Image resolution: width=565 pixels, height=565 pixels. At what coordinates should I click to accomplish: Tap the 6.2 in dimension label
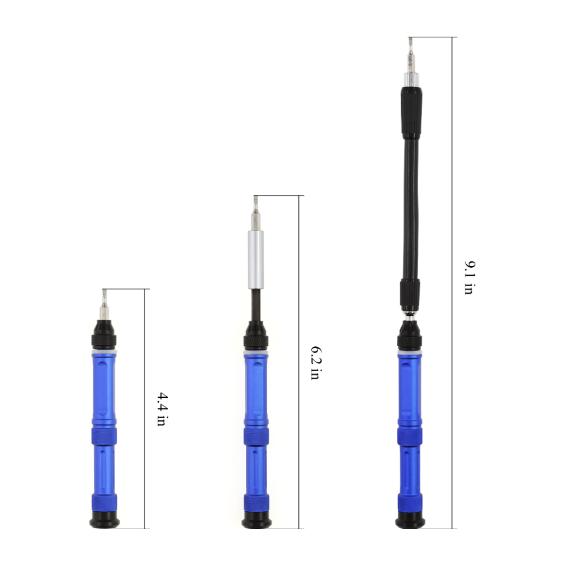tap(315, 362)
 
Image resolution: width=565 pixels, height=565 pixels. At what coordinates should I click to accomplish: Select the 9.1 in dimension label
tap(468, 277)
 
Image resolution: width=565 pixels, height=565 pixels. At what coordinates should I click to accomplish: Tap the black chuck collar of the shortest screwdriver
tap(105, 337)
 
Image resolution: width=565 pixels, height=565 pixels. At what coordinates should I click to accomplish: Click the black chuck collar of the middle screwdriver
tap(256, 339)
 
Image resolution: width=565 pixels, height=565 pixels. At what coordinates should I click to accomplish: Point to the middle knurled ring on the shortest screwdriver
tap(105, 436)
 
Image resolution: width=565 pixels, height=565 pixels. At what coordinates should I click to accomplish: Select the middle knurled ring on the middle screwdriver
tap(256, 437)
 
